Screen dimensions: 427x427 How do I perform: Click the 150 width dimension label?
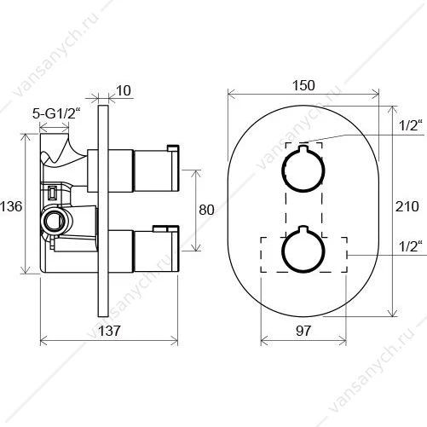point(303,85)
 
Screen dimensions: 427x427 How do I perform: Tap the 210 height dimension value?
point(407,206)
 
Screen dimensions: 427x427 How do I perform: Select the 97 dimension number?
point(303,331)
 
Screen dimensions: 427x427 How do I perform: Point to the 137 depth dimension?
point(109,331)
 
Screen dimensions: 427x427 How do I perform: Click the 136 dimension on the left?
point(11,206)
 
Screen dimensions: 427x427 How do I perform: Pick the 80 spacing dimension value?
point(206,210)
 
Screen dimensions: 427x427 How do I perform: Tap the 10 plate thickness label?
point(124,90)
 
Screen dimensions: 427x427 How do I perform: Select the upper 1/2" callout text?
point(410,125)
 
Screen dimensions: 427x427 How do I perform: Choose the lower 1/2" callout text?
point(410,246)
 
